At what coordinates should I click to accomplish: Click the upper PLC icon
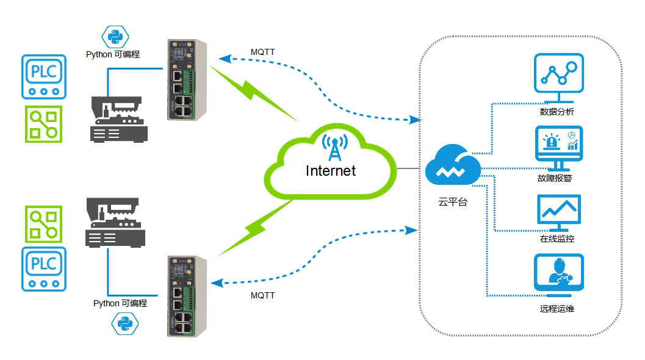[43, 77]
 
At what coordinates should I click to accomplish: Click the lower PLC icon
[43, 269]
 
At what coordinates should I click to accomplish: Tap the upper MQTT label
[262, 52]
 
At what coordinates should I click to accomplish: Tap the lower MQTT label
[262, 295]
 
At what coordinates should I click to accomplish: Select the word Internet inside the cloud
[331, 171]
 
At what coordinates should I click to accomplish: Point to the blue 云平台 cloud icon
[453, 165]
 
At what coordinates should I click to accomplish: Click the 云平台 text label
[453, 202]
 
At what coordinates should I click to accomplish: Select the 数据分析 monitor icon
[558, 77]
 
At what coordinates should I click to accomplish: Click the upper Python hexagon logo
[115, 37]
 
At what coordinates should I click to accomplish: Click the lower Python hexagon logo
[125, 323]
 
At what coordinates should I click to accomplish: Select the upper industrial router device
[187, 80]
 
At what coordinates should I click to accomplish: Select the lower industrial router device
[187, 297]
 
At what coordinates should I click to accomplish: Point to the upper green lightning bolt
[253, 93]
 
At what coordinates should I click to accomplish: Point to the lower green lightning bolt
[256, 227]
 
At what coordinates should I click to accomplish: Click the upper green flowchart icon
[43, 124]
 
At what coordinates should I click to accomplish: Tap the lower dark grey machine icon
[115, 223]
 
